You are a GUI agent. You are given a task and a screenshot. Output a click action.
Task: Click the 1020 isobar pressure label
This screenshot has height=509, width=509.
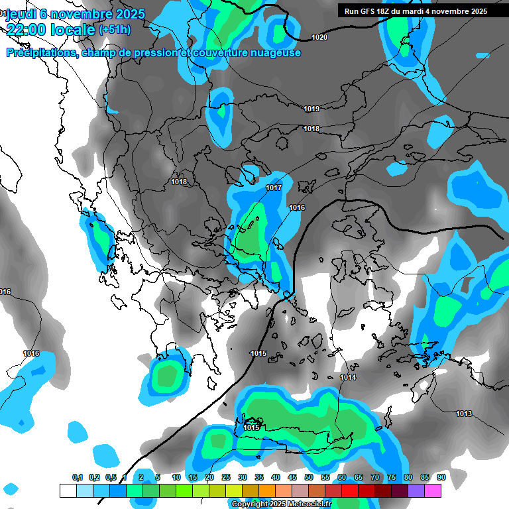(319, 38)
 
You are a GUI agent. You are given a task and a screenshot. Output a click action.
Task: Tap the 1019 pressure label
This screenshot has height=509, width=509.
(311, 109)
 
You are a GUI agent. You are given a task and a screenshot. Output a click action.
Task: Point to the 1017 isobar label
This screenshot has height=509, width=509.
(274, 188)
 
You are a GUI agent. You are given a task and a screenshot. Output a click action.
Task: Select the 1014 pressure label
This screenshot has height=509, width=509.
(348, 378)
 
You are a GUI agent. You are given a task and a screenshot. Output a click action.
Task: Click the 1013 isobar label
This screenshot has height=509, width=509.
(464, 414)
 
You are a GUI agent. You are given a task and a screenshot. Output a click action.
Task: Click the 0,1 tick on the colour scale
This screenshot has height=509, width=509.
(78, 478)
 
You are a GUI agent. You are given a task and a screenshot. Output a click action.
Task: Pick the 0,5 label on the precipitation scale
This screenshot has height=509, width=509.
(111, 478)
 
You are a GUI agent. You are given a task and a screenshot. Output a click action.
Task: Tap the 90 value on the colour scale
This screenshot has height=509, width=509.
(441, 478)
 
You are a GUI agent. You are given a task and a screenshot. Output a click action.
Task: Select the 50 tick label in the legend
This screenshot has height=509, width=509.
(309, 478)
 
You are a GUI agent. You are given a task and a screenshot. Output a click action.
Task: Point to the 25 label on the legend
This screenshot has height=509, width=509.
(226, 478)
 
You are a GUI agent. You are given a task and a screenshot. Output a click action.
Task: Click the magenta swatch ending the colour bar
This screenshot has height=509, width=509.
(433, 490)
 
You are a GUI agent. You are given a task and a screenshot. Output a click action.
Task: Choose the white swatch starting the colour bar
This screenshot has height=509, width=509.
(68, 490)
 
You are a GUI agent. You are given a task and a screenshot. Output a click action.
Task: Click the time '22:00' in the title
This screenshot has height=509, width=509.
(29, 30)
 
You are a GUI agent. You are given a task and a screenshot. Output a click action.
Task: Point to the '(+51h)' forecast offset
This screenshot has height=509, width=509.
(115, 30)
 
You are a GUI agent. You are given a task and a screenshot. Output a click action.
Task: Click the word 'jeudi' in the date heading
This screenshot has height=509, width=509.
(21, 13)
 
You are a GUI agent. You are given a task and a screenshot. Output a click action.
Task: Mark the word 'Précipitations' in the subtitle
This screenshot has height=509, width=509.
(41, 53)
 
